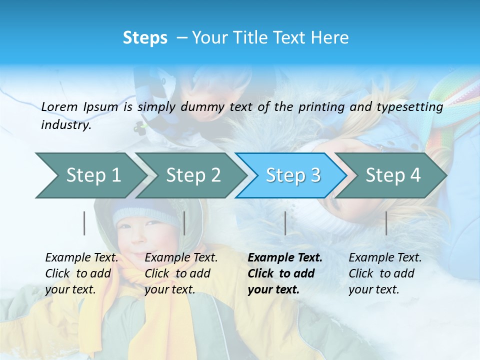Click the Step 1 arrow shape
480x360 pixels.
[90, 175]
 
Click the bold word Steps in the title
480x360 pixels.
[145, 38]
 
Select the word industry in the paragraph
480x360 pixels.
[65, 125]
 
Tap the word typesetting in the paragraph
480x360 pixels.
[413, 107]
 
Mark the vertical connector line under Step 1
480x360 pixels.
[84, 223]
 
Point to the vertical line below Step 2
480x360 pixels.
[184, 223]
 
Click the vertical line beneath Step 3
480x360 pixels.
[285, 223]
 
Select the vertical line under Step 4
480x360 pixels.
[386, 223]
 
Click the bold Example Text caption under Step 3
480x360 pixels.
[284, 273]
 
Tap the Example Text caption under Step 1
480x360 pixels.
[81, 273]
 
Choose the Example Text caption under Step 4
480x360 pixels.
[385, 273]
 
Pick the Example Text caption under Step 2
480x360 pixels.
[181, 273]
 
